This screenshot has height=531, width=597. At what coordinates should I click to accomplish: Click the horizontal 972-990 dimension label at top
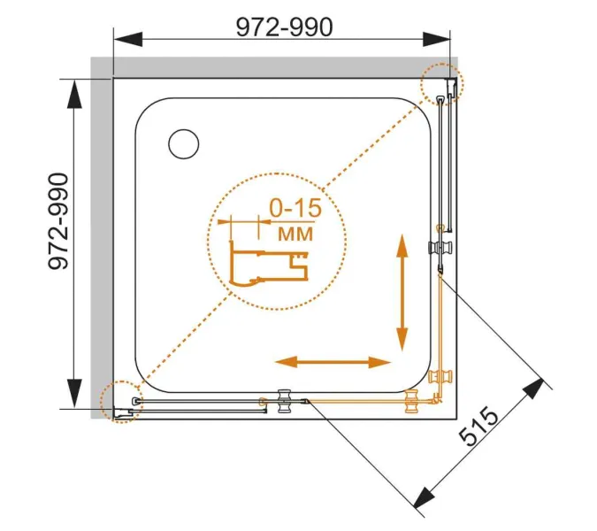pyautogui.click(x=285, y=27)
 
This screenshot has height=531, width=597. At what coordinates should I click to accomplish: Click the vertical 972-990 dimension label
pyautogui.click(x=59, y=221)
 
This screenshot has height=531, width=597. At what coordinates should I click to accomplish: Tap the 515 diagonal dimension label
pyautogui.click(x=478, y=427)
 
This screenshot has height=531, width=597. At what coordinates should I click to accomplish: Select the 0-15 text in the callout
pyautogui.click(x=295, y=208)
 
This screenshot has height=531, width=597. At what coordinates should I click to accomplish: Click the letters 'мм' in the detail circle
pyautogui.click(x=295, y=234)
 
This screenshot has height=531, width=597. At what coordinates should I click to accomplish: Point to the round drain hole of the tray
pyautogui.click(x=183, y=144)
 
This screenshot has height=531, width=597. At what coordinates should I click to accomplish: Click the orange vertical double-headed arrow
pyautogui.click(x=402, y=293)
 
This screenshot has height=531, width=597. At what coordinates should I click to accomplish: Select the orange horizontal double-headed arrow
pyautogui.click(x=333, y=362)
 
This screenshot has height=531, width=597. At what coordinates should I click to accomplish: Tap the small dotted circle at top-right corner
pyautogui.click(x=442, y=84)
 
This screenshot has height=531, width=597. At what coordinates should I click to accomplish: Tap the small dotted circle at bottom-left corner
pyautogui.click(x=121, y=402)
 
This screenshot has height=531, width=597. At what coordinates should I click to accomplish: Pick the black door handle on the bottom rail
pyautogui.click(x=284, y=401)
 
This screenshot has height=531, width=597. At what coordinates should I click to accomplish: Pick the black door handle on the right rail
pyautogui.click(x=440, y=248)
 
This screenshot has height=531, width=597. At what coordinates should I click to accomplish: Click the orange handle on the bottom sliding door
pyautogui.click(x=412, y=401)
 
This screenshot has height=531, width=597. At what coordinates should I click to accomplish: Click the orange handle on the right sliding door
pyautogui.click(x=440, y=376)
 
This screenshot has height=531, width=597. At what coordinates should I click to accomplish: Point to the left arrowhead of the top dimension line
pyautogui.click(x=128, y=39)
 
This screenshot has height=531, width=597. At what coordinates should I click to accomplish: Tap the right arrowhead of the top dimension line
pyautogui.click(x=436, y=39)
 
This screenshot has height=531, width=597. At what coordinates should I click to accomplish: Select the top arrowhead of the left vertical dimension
pyautogui.click(x=74, y=94)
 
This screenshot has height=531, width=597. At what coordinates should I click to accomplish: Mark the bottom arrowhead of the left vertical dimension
pyautogui.click(x=74, y=393)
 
